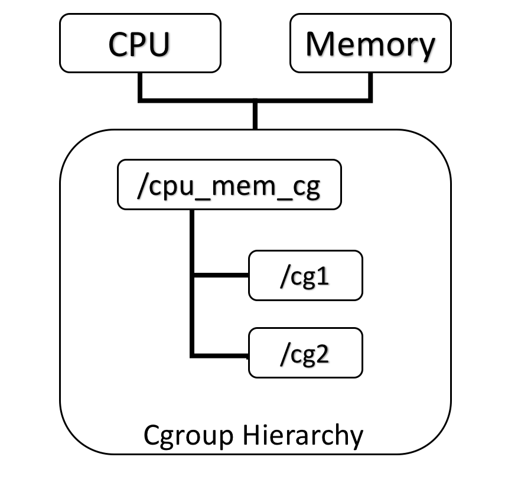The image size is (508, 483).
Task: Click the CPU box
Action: tap(140, 43)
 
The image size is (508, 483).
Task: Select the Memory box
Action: tap(370, 43)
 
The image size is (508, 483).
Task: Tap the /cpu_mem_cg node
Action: tap(229, 184)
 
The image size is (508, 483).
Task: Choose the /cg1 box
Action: tap(305, 275)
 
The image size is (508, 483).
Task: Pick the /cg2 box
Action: tap(305, 353)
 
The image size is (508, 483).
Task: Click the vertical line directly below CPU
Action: tap(140, 86)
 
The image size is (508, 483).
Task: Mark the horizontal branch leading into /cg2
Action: tap(220, 355)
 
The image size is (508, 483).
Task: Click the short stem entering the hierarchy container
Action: tap(255, 116)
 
